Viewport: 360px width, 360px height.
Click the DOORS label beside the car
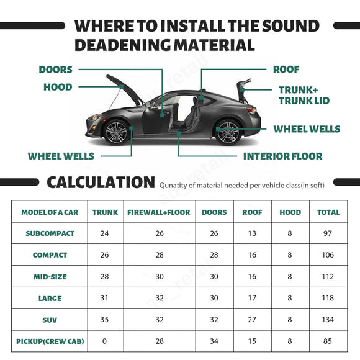pyautogui.click(x=55, y=70)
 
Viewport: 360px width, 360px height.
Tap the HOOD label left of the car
pyautogui.click(x=58, y=87)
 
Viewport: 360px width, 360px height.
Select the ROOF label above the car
pyautogui.click(x=286, y=70)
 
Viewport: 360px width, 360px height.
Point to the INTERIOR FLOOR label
pyautogui.click(x=282, y=156)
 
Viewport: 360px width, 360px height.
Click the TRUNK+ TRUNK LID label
pyautogui.click(x=304, y=95)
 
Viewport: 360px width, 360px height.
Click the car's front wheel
pyautogui.click(x=116, y=132)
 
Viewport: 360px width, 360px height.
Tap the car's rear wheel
pyautogui.click(x=228, y=132)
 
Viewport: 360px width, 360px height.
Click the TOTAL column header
pyautogui.click(x=328, y=212)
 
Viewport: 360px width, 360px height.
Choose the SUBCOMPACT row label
pyautogui.click(x=50, y=233)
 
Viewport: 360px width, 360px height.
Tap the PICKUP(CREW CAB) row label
pyautogui.click(x=50, y=341)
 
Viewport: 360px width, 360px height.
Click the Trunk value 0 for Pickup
pyautogui.click(x=105, y=341)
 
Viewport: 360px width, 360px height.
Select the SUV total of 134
pyautogui.click(x=328, y=319)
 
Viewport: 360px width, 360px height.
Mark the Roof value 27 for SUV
pyautogui.click(x=252, y=319)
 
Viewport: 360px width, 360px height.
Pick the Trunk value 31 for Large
pyautogui.click(x=105, y=298)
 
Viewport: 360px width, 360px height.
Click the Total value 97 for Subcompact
pyautogui.click(x=328, y=233)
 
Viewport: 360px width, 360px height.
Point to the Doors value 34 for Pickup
pyautogui.click(x=214, y=341)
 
